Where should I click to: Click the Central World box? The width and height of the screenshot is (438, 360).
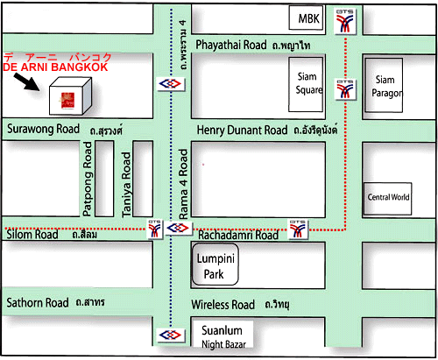tap(388, 197)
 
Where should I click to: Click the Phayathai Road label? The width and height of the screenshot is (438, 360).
tap(230, 43)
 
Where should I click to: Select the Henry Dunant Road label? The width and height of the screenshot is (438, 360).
tap(242, 130)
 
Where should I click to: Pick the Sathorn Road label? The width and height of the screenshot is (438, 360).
tap(38, 303)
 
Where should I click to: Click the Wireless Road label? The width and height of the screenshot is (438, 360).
tap(223, 305)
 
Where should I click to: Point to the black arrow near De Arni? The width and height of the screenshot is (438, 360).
tap(28, 81)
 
